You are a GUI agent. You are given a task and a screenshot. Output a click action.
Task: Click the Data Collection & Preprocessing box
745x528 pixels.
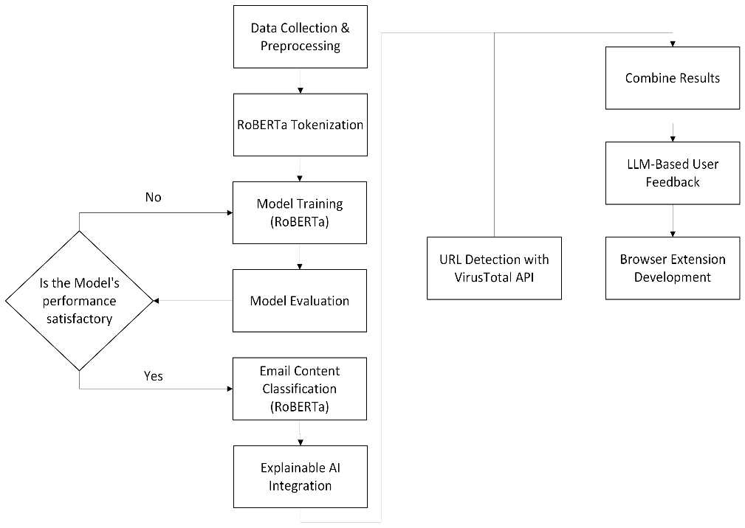click(300, 37)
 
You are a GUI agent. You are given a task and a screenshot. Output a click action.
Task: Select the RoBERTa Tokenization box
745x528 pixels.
click(300, 125)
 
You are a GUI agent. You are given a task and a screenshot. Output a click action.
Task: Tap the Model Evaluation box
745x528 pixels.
click(300, 300)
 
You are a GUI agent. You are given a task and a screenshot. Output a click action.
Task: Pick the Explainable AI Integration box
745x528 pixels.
click(300, 476)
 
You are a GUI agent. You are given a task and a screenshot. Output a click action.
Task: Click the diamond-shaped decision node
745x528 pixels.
click(79, 301)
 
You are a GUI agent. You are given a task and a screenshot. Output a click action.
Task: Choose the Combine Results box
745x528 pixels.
click(672, 78)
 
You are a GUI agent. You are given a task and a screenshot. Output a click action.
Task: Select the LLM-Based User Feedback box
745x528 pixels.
click(672, 173)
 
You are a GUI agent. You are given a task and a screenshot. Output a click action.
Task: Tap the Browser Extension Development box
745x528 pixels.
click(672, 268)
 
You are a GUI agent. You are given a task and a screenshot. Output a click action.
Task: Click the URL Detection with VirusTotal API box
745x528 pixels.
click(494, 268)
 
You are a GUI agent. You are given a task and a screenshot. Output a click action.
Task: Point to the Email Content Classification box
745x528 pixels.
click(300, 389)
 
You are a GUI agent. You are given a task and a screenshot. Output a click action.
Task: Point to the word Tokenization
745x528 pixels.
click(327, 125)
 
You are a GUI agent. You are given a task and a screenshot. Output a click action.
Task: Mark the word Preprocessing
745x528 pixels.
click(300, 46)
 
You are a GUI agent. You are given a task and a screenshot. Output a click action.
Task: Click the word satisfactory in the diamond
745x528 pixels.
click(78, 319)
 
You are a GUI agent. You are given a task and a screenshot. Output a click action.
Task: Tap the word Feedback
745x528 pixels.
click(672, 181)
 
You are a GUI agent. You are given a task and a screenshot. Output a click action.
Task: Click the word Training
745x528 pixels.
click(320, 204)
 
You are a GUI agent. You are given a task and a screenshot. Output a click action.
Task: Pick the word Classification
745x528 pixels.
click(300, 389)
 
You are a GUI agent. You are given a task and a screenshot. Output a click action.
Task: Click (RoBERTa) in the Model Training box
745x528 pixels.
click(300, 221)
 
